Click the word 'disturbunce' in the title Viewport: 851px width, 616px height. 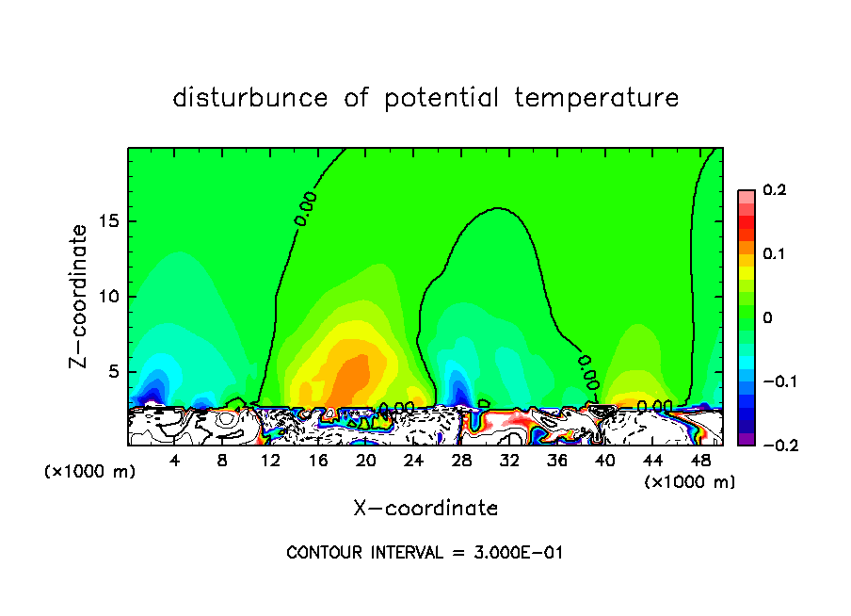pyautogui.click(x=250, y=98)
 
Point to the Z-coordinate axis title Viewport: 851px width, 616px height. pyautogui.click(x=81, y=296)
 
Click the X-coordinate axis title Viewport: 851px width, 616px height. pyautogui.click(x=425, y=509)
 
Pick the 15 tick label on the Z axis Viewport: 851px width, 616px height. pyautogui.click(x=109, y=222)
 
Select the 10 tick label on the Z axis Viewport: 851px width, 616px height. pyautogui.click(x=109, y=297)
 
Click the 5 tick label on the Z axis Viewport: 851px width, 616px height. pyautogui.click(x=113, y=372)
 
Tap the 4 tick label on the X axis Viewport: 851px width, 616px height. pyautogui.click(x=175, y=462)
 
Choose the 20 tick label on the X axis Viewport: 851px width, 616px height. pyautogui.click(x=366, y=462)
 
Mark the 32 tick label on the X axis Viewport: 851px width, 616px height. pyautogui.click(x=509, y=462)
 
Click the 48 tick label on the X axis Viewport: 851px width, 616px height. pyautogui.click(x=700, y=462)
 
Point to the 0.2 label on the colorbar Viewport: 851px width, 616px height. pyautogui.click(x=774, y=190)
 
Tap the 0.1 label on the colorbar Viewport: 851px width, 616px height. pyautogui.click(x=774, y=254)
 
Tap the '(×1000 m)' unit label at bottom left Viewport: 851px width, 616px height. pyautogui.click(x=90, y=472)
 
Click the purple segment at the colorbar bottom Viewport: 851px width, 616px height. pyautogui.click(x=747, y=439)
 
